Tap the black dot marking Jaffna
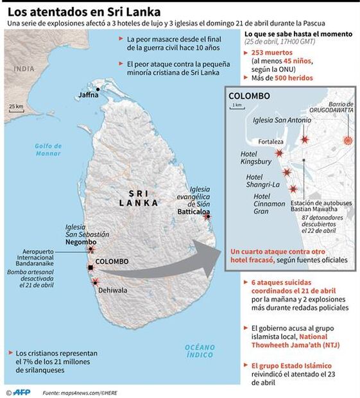(98, 89)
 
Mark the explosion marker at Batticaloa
(207, 217)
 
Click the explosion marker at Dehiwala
(96, 282)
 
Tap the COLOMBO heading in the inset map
(250, 96)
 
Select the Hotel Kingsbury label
(257, 158)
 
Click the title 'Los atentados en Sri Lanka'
(83, 12)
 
